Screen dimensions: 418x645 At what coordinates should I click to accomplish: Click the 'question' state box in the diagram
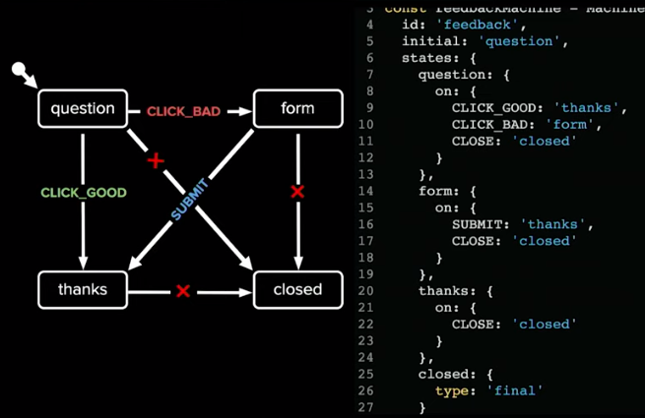click(x=83, y=108)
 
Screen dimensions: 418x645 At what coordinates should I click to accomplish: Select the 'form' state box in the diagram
click(x=297, y=108)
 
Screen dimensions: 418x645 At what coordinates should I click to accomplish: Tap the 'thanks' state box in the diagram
click(x=83, y=289)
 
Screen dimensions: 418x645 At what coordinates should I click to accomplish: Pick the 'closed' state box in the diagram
click(x=297, y=289)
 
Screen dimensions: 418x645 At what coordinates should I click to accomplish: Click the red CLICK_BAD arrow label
click(x=183, y=111)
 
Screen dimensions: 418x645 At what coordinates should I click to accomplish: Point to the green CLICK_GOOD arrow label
click(x=84, y=193)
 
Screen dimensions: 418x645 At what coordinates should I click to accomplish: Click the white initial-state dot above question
click(x=18, y=70)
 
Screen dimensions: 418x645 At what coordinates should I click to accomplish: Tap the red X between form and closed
click(x=297, y=192)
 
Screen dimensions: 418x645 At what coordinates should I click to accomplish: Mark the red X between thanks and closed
click(x=182, y=290)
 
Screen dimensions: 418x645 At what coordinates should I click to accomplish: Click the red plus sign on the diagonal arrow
click(x=155, y=159)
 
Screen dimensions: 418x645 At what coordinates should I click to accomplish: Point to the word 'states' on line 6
click(x=426, y=57)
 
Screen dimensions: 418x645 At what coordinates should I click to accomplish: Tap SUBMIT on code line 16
click(x=476, y=223)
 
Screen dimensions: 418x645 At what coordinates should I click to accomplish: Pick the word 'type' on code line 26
click(x=451, y=390)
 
